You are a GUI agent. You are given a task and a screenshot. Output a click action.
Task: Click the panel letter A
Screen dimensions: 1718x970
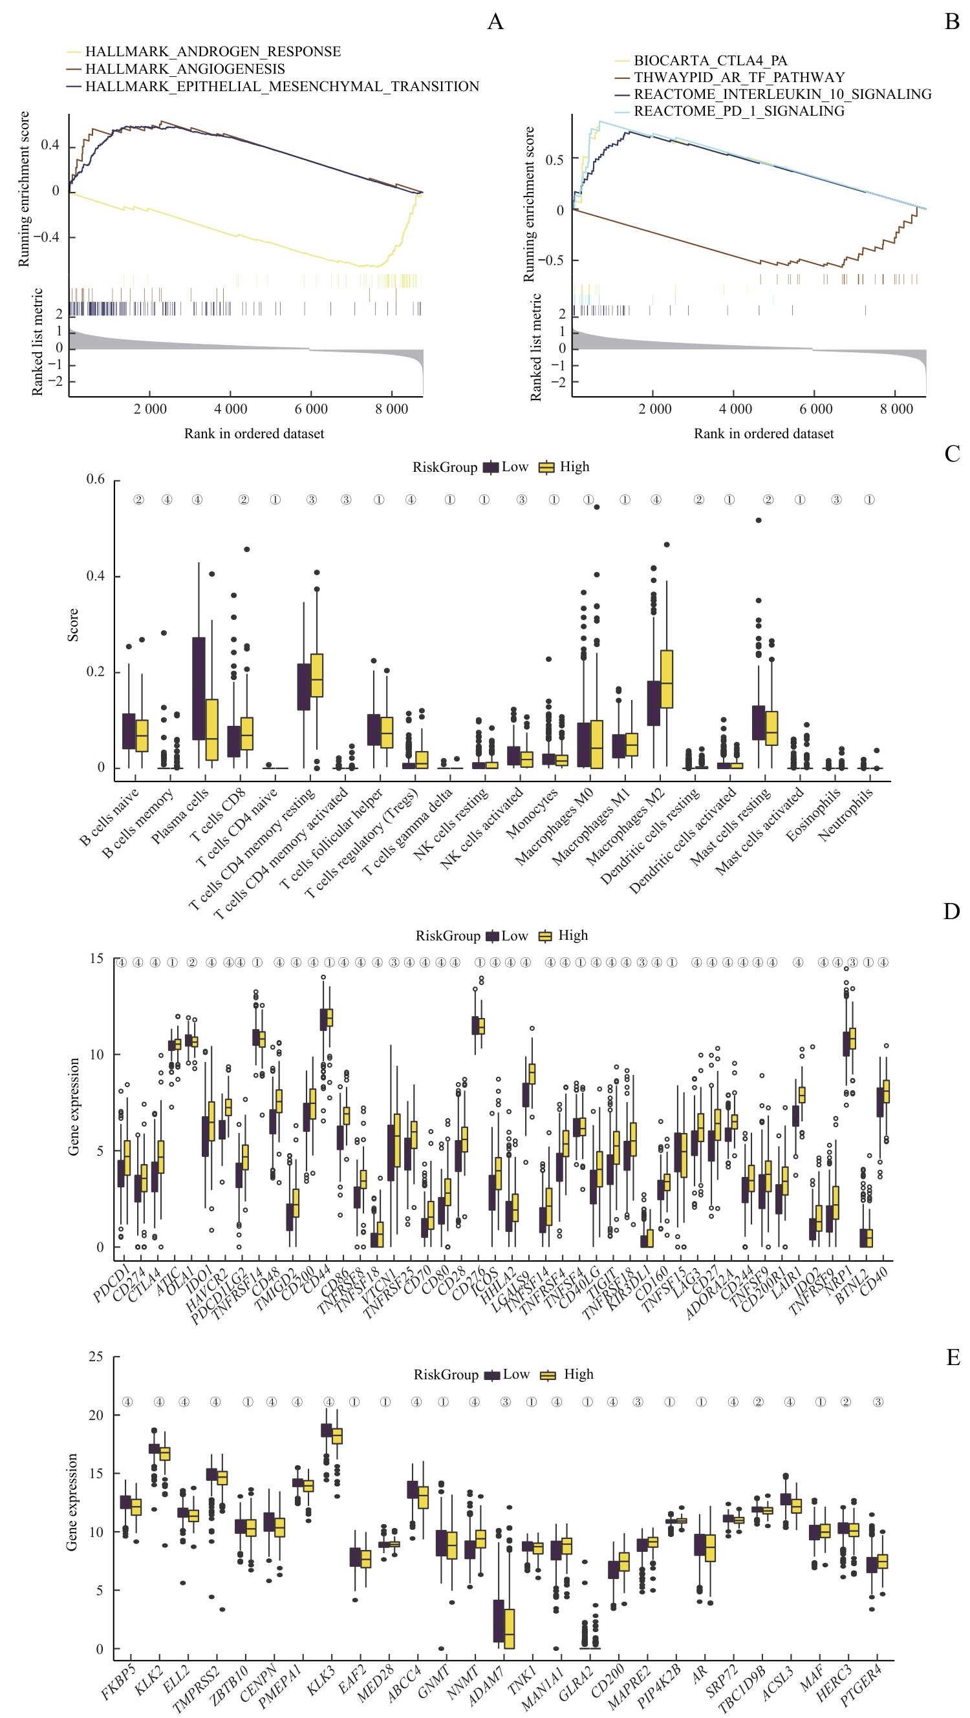click(495, 22)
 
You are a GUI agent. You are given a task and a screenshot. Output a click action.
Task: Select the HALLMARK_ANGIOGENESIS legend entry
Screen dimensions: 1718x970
click(185, 69)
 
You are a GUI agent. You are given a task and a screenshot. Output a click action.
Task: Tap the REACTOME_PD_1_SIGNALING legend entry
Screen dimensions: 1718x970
click(738, 111)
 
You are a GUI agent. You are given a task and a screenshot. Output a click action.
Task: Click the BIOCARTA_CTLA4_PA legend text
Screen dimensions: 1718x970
click(710, 61)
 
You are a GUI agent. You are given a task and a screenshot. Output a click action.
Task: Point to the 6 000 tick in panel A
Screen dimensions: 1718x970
click(311, 409)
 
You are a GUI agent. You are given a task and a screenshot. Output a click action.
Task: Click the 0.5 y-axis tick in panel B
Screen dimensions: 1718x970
click(554, 160)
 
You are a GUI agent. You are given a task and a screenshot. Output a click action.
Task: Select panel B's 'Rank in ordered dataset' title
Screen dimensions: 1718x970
click(763, 434)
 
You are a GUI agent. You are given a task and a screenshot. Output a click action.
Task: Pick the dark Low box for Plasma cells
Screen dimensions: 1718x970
click(199, 688)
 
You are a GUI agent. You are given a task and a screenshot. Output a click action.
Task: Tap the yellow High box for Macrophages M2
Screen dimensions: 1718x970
click(666, 679)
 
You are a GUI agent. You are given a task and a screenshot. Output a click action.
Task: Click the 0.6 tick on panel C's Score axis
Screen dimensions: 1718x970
click(96, 480)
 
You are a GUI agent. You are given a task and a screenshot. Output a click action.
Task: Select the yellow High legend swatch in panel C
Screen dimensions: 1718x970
click(546, 467)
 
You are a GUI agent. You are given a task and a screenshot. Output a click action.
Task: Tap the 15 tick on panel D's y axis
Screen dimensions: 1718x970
click(97, 959)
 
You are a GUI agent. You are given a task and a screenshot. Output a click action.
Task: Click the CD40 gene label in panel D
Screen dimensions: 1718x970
click(874, 1280)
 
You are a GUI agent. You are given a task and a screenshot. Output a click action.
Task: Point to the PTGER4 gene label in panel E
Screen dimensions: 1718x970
click(861, 1684)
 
